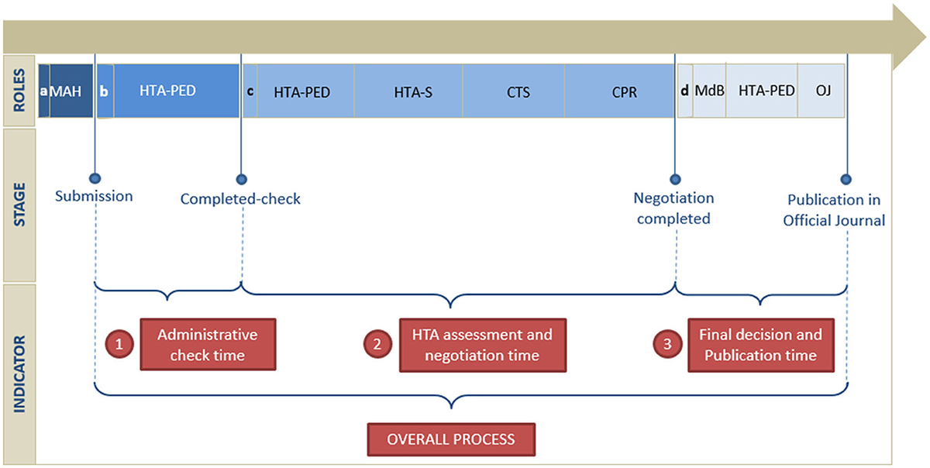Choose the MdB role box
[709, 91]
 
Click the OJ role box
[822, 91]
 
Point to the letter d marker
[684, 91]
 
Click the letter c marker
[250, 91]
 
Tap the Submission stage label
[94, 196]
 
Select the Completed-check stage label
[240, 199]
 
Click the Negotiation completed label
[673, 208]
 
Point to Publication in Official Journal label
[834, 210]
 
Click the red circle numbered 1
[119, 345]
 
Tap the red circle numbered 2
[377, 345]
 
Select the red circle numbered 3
[666, 345]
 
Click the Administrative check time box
[207, 345]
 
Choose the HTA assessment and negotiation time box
[482, 345]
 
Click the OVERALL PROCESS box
[451, 439]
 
